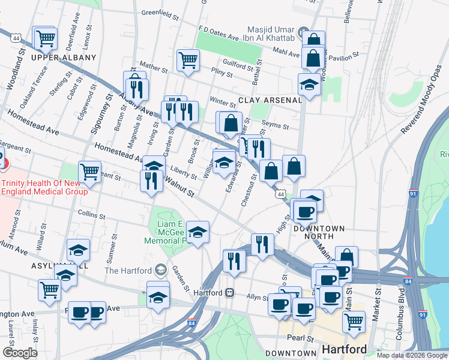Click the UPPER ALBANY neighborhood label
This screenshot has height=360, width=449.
64,58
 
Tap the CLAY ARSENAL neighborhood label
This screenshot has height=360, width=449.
270,100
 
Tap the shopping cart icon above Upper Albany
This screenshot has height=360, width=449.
45,38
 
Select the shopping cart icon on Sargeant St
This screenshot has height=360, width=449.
89,171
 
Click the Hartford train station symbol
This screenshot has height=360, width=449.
229,293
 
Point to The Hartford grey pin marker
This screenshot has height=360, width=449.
159,270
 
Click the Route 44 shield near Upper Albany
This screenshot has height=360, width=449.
16,37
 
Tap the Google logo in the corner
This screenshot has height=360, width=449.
20,353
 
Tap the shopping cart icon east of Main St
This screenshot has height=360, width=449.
354,321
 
